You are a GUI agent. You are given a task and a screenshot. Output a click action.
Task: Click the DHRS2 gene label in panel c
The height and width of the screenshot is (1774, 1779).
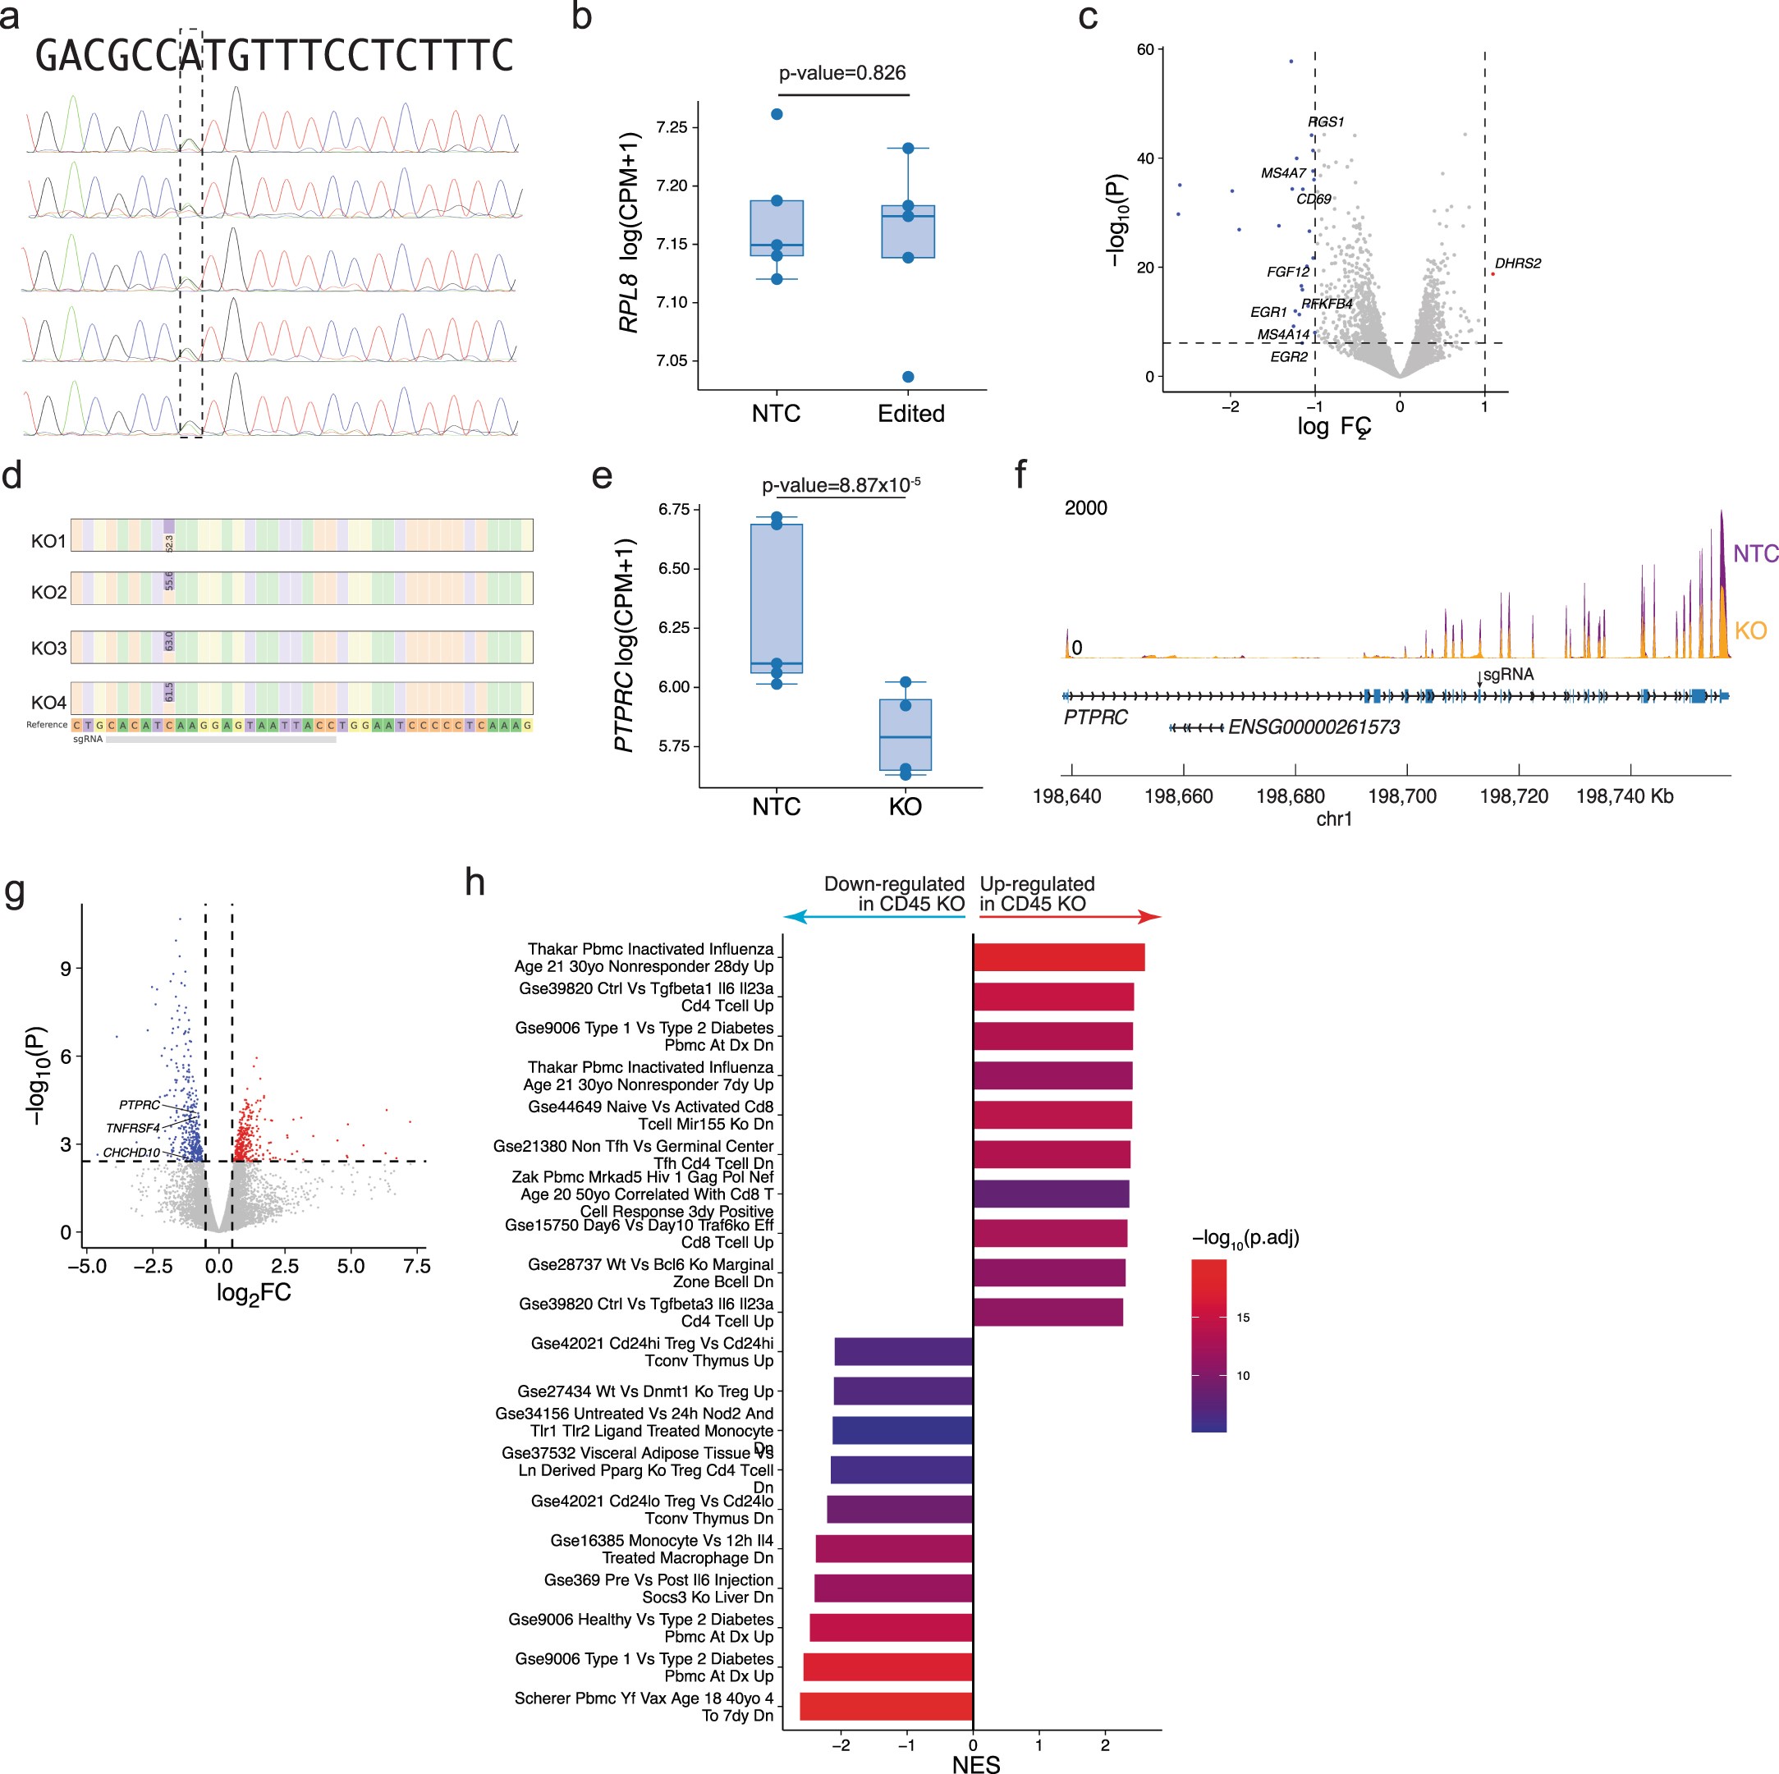pyautogui.click(x=1517, y=264)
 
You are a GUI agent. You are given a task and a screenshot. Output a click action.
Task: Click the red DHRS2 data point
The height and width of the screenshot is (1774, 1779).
pyautogui.click(x=1492, y=273)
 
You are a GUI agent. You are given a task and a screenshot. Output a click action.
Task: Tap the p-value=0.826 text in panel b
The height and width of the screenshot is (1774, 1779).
pyautogui.click(x=841, y=73)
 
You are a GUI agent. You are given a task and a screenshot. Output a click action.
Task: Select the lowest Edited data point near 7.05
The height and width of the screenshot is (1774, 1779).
pyautogui.click(x=908, y=377)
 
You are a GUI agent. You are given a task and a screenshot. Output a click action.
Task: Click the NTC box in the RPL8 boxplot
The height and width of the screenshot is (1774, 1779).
pyautogui.click(x=777, y=227)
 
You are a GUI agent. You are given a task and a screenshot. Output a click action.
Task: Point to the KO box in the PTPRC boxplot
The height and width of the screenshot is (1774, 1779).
pyautogui.click(x=906, y=734)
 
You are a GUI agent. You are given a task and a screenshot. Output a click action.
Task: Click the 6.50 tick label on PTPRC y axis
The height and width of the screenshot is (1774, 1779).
pyautogui.click(x=673, y=569)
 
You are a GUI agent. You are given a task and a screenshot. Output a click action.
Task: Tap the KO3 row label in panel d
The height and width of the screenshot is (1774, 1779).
pyautogui.click(x=48, y=648)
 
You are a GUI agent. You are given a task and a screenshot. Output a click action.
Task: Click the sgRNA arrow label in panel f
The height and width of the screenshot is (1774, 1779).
pyautogui.click(x=1507, y=675)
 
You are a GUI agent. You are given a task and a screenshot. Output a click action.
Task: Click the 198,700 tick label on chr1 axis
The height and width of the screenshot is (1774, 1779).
pyautogui.click(x=1401, y=796)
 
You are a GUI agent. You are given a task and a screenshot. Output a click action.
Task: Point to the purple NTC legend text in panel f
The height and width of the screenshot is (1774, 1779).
pyautogui.click(x=1754, y=553)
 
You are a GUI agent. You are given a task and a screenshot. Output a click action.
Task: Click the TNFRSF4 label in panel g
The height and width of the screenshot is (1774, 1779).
pyautogui.click(x=133, y=1128)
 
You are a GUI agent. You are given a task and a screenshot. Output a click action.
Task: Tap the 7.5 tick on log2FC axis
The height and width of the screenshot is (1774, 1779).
pyautogui.click(x=416, y=1267)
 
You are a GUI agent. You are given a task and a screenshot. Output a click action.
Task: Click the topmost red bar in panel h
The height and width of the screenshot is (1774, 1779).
pyautogui.click(x=1059, y=957)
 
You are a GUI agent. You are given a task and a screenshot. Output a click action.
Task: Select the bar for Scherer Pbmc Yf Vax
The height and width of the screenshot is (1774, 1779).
pyautogui.click(x=886, y=1706)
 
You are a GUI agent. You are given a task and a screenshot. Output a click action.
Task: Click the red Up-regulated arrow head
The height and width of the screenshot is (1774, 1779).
pyautogui.click(x=1151, y=917)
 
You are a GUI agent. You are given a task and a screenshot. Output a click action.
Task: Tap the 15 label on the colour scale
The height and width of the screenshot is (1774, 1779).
pyautogui.click(x=1243, y=1318)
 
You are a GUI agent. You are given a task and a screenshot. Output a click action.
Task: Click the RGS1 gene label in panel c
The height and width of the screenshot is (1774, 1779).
pyautogui.click(x=1326, y=121)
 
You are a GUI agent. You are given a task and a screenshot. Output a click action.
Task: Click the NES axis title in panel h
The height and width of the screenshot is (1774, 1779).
pyautogui.click(x=975, y=1763)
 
